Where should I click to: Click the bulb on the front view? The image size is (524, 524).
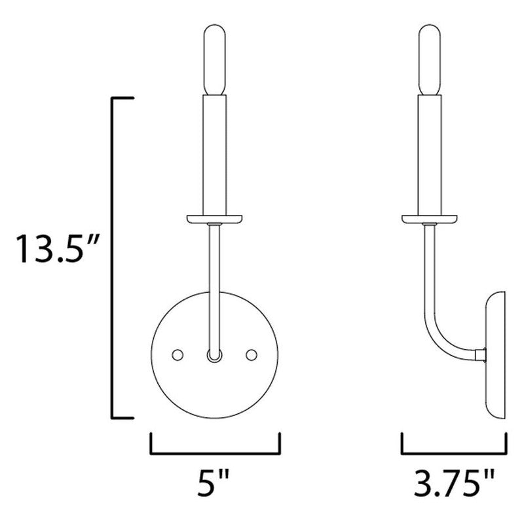pos(215,61)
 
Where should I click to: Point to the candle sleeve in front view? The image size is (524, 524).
pos(215,154)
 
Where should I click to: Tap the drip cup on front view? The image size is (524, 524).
pos(215,219)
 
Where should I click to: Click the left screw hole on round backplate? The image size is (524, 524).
pos(177,354)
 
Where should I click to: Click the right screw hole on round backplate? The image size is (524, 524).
pos(250,354)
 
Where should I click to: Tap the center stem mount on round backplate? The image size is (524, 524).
pos(214,356)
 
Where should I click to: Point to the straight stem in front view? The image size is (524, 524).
pos(214,282)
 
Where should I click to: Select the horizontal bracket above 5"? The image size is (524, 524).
pos(215,453)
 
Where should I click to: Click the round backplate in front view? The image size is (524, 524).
pos(214,386)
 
